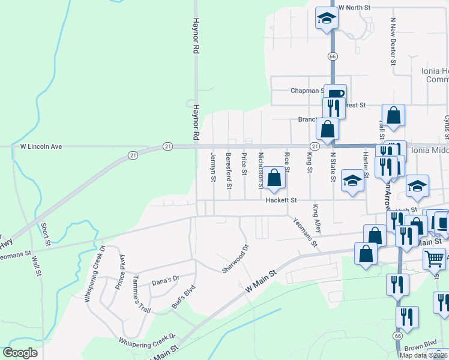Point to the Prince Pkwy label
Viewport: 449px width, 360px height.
[x=120, y=269]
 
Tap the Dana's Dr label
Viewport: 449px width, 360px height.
[x=166, y=280]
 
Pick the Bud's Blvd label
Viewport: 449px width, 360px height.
[x=184, y=296]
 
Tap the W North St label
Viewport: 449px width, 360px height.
[x=356, y=7]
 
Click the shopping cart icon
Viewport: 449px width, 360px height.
[x=434, y=259]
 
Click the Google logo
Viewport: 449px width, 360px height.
[x=20, y=353]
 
